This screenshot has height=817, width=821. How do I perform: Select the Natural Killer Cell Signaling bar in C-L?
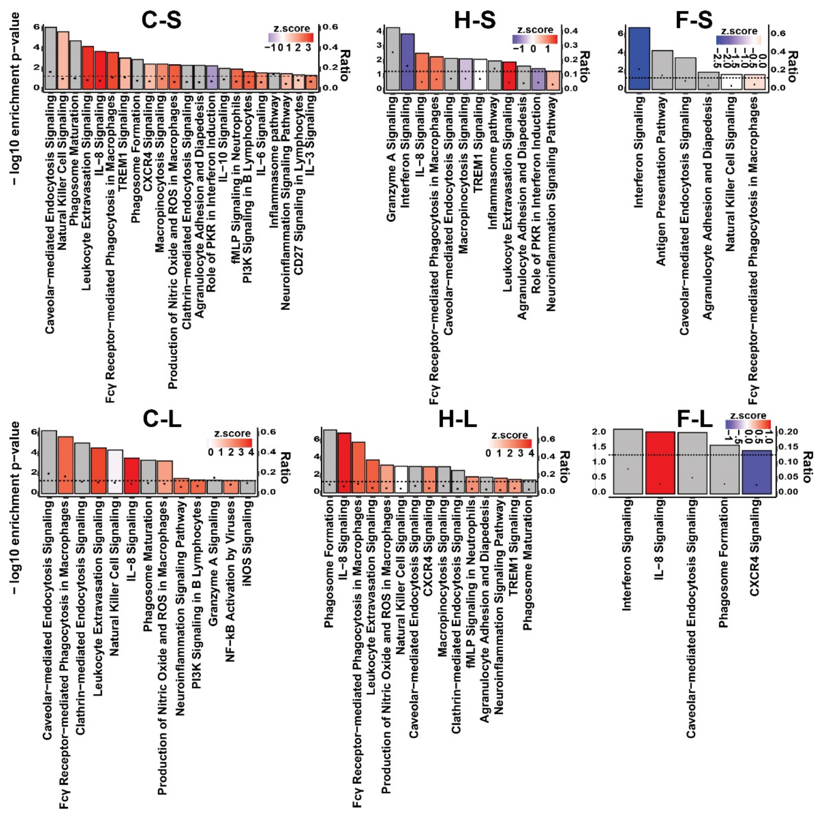coord(115,472)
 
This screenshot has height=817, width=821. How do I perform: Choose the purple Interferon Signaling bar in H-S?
coord(407,62)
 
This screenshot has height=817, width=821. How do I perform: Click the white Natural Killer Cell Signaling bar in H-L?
coord(401,479)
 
